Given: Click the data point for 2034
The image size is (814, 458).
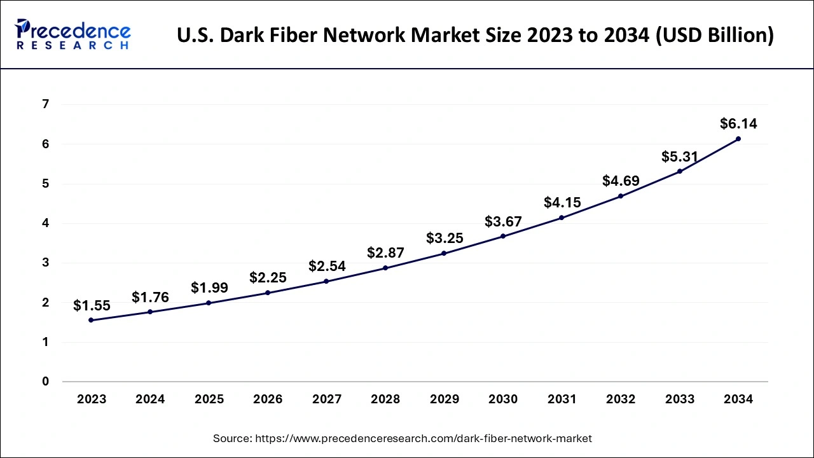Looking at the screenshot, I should (738, 139).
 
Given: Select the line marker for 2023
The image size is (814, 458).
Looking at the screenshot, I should (91, 320).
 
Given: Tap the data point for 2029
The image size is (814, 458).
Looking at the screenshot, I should (444, 253).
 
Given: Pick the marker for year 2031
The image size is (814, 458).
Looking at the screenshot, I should (562, 218).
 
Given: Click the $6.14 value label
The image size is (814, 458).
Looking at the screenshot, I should (738, 123).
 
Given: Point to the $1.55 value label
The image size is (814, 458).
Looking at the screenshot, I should (92, 306).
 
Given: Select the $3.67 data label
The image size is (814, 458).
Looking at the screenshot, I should (503, 221).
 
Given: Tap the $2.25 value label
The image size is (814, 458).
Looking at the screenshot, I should (268, 277).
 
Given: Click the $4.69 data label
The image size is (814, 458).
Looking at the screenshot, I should (621, 181).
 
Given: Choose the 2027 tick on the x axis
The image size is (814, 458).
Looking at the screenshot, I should (326, 399).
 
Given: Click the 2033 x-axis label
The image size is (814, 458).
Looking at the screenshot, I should (679, 399).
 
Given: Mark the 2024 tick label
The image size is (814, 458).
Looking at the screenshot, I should (150, 399).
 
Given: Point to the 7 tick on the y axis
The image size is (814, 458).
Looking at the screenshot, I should (45, 104).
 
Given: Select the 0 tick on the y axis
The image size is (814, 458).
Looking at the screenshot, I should (45, 382).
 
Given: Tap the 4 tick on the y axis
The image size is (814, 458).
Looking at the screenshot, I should (45, 223).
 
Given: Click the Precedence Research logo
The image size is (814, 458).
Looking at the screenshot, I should (73, 34).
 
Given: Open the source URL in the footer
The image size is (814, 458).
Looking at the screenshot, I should (424, 438).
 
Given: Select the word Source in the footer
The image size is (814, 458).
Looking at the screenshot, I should (231, 438).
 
